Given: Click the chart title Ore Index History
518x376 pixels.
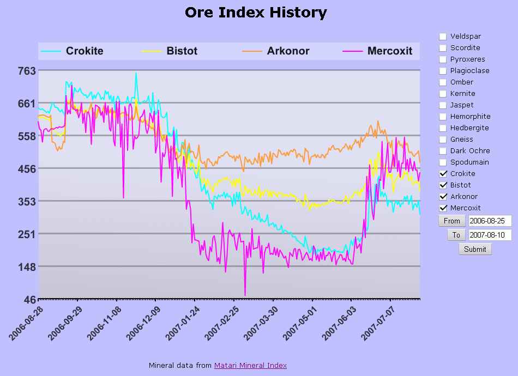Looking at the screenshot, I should (256, 13).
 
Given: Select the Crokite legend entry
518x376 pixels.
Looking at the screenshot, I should (84, 51).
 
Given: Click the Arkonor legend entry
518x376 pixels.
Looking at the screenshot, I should (287, 51).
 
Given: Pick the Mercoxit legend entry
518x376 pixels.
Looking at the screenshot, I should (389, 51).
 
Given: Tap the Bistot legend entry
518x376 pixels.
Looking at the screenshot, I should (182, 51).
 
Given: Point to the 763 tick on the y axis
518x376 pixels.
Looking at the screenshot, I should (27, 70).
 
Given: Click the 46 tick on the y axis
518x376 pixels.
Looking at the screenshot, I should (29, 299).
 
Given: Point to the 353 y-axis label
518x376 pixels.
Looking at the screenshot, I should (27, 201).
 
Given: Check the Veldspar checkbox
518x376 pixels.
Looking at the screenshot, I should (443, 37).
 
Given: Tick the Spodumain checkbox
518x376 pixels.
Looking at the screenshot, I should (443, 162).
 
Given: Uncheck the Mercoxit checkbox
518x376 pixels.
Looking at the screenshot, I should (443, 208).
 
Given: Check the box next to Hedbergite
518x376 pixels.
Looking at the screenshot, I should (443, 128).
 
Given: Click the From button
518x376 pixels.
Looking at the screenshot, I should (451, 221).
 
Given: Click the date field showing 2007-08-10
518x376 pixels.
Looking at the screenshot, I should (490, 235).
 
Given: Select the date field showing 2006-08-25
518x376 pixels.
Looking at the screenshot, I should (490, 221).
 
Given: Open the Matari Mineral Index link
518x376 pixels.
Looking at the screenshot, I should (250, 365).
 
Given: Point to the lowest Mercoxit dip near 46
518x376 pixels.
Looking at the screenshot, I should (245, 295).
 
